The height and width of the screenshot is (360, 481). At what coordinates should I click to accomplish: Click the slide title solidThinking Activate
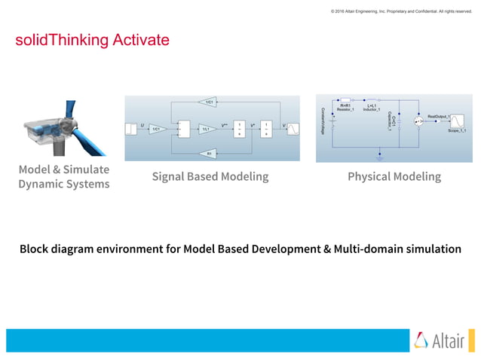click(x=92, y=39)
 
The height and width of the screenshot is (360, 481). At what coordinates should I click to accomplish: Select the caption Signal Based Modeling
click(x=210, y=176)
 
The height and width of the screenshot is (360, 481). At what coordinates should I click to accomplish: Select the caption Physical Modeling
click(x=394, y=176)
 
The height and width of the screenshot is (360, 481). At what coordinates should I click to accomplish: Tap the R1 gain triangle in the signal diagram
click(x=210, y=153)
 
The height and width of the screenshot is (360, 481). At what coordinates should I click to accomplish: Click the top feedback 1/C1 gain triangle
click(x=211, y=101)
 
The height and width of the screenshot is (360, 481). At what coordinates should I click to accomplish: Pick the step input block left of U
click(x=131, y=129)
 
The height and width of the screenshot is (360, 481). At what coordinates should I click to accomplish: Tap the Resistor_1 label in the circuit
click(x=345, y=110)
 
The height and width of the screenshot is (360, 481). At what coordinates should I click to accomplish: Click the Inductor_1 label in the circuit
click(x=371, y=110)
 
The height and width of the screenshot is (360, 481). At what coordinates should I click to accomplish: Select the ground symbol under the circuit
click(x=379, y=157)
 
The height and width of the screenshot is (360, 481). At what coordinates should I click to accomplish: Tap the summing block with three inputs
click(x=179, y=129)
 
